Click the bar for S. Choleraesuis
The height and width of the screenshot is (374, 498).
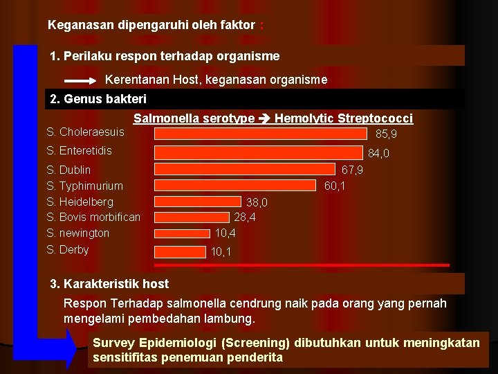coord(261,133)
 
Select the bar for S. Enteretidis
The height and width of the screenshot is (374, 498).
coord(259,152)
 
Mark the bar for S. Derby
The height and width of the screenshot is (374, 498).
coord(181,251)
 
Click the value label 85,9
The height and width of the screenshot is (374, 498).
coord(386,134)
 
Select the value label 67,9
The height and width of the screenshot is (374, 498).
coord(353,170)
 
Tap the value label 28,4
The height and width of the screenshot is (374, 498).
coord(245,217)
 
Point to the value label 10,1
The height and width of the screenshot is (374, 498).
coord(221,253)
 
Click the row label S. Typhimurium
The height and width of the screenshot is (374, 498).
coord(84,186)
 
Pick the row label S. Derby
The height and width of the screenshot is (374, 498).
coord(68,249)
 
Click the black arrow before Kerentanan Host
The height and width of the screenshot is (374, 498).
coord(84,80)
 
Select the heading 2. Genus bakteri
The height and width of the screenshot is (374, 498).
coord(98,99)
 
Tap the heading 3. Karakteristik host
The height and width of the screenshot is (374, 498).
coord(109,283)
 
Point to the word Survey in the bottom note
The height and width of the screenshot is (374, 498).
coord(113,343)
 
